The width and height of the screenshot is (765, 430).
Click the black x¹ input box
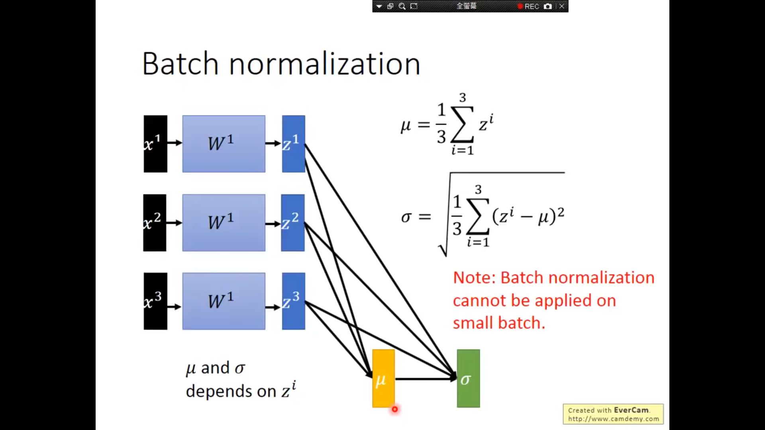tap(155, 144)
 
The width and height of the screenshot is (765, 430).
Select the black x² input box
tap(155, 223)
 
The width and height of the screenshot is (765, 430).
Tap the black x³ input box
tap(155, 301)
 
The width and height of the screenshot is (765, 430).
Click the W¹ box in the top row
tap(224, 144)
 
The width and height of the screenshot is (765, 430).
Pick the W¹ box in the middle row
tap(224, 223)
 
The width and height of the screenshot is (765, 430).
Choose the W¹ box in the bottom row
tap(224, 301)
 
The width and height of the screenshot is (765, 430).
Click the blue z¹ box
tap(294, 144)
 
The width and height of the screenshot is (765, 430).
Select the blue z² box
tap(293, 223)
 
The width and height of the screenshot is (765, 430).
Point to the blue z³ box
tap(294, 301)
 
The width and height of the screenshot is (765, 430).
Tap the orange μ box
tap(383, 378)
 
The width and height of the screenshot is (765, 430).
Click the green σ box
tap(468, 378)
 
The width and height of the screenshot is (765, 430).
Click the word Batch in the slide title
tap(180, 64)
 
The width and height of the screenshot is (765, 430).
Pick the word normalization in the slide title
tap(325, 64)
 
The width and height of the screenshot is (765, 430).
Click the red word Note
tap(474, 278)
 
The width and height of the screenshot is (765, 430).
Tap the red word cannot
tap(479, 301)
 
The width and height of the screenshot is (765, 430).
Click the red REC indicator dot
tap(520, 6)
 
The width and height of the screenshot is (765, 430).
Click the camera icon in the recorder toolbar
tap(548, 6)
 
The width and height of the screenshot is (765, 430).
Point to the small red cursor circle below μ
tap(395, 409)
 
